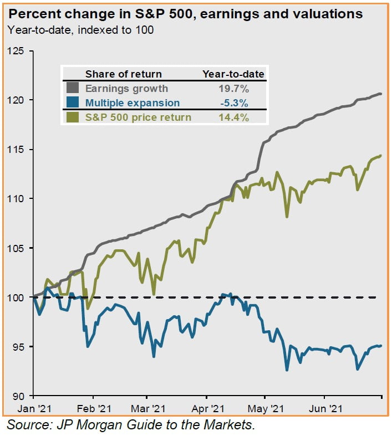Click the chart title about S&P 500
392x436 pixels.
(x=185, y=14)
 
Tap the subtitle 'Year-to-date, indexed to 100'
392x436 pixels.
(x=81, y=30)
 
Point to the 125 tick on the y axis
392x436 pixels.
(x=18, y=51)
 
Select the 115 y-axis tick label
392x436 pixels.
(x=18, y=150)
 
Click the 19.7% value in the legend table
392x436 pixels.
(x=233, y=88)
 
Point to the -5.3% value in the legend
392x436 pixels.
(x=233, y=102)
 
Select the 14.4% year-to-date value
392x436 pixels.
(x=233, y=117)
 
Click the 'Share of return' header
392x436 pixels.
(x=124, y=74)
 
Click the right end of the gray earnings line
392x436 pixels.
(x=381, y=94)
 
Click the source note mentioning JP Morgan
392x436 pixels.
(x=130, y=425)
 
